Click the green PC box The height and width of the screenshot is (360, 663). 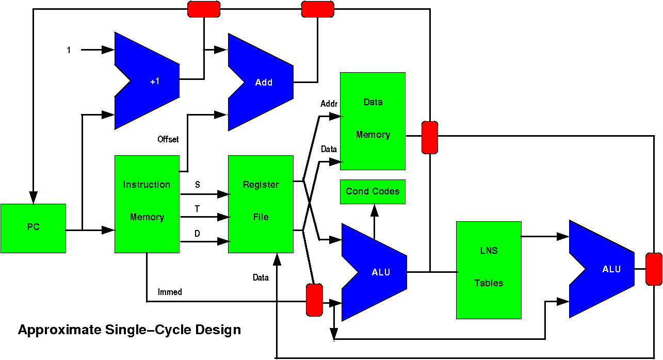pos(33,228)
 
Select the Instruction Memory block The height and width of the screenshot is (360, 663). pos(147,204)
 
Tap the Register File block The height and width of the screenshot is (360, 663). pos(261,204)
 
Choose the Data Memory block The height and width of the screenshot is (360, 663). pos(373,121)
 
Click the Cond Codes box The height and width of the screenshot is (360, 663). pos(373,191)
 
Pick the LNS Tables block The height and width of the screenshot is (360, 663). pos(489,270)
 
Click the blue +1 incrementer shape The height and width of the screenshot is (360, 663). pos(150,81)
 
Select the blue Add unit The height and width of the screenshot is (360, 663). pos(263,82)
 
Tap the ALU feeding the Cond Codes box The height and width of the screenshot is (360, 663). pos(377,272)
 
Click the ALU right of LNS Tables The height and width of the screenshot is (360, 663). pos(604,269)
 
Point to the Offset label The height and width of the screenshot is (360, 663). pos(168,139)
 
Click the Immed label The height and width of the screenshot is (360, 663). pos(170,292)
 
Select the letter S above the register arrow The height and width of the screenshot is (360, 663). pos(198,184)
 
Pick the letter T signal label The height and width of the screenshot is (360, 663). pos(198,208)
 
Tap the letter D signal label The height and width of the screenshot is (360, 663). pos(197,234)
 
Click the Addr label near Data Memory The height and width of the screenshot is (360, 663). pos(329,104)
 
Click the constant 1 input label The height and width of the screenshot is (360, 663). pos(69,50)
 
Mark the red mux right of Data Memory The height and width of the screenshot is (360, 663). pos(430,137)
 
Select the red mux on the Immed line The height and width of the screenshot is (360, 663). pos(314,300)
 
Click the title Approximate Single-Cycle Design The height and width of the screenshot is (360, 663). pos(130,330)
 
